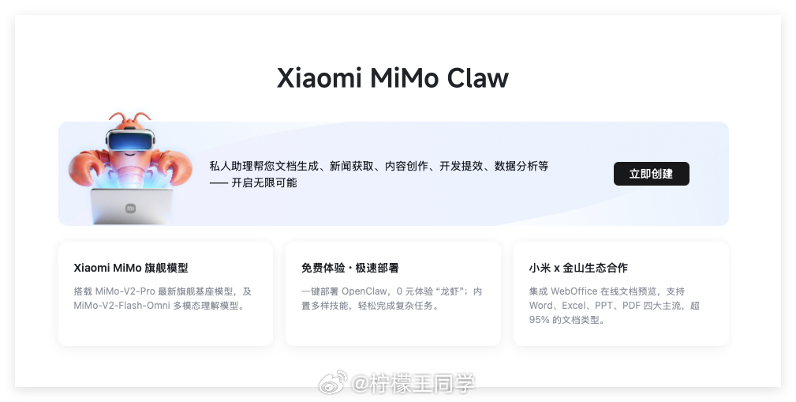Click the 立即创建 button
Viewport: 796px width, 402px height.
click(x=651, y=174)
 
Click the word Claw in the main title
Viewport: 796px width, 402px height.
click(x=477, y=78)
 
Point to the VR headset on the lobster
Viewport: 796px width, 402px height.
click(x=129, y=142)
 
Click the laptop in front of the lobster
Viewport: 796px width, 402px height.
click(x=130, y=207)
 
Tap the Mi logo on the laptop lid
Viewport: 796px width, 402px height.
click(x=130, y=209)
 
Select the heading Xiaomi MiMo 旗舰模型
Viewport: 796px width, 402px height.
click(x=131, y=268)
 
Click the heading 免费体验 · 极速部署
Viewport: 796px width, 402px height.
click(x=349, y=268)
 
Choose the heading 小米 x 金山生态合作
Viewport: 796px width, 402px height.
click(x=578, y=268)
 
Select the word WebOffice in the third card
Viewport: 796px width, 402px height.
click(x=574, y=291)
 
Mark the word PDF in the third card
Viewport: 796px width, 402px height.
click(x=630, y=306)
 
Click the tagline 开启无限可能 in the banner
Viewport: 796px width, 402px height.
click(x=264, y=182)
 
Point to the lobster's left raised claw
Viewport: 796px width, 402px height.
click(x=84, y=169)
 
